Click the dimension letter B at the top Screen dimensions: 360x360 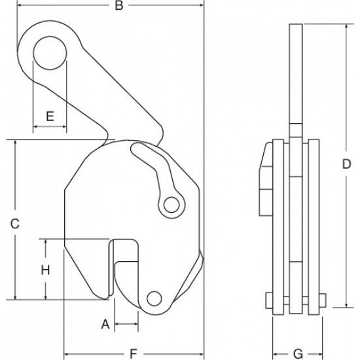tap(119, 5)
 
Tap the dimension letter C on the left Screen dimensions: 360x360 tap(15, 224)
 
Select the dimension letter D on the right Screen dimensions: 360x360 tap(346, 164)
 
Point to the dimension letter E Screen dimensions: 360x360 tap(50, 116)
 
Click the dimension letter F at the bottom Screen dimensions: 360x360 tap(134, 353)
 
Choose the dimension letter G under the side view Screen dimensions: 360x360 tap(298, 353)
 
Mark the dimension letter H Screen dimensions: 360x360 tap(45, 270)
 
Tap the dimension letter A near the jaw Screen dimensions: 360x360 tap(105, 324)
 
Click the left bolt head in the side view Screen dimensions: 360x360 tap(269, 300)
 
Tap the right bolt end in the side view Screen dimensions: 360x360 tap(322, 300)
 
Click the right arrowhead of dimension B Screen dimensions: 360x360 tap(201, 5)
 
